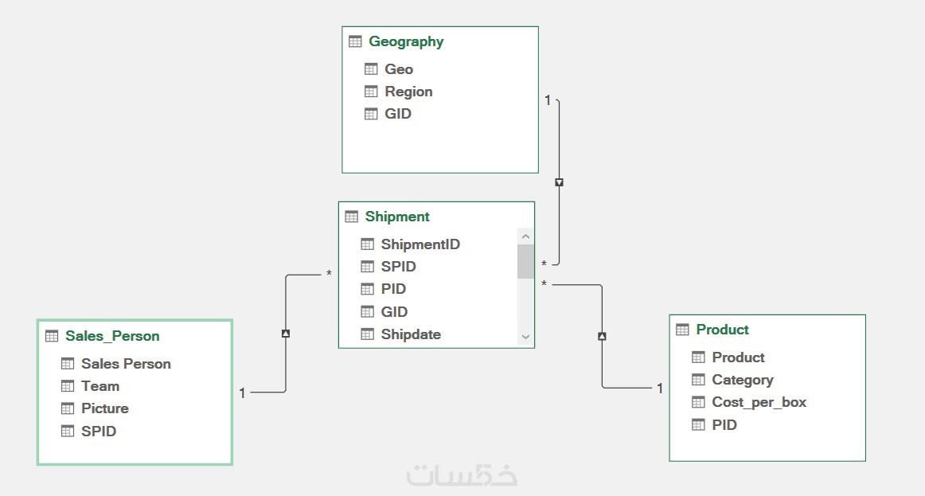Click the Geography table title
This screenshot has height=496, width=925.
(x=406, y=41)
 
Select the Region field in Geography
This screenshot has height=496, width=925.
(x=408, y=92)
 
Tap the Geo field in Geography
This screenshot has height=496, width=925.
(x=399, y=69)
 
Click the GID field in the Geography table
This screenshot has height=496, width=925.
(x=398, y=114)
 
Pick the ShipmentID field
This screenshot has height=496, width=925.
(x=420, y=244)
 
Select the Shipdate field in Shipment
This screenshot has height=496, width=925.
(x=411, y=334)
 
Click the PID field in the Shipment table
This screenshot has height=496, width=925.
(x=393, y=289)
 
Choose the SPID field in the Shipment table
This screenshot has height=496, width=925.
(x=398, y=267)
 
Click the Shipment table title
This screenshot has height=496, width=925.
(x=397, y=217)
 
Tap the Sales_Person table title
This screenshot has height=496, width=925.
(x=112, y=336)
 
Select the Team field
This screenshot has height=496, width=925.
(x=100, y=386)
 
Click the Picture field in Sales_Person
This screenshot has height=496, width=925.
(x=105, y=408)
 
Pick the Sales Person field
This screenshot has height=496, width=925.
(x=126, y=364)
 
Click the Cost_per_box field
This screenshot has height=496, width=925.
(x=759, y=402)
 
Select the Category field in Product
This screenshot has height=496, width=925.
(x=742, y=380)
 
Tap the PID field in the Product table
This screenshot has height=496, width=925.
(x=724, y=425)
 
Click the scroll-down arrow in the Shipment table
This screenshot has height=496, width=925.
(x=525, y=337)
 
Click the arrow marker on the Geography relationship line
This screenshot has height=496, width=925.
(x=559, y=182)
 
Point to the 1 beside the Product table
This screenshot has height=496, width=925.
(x=660, y=389)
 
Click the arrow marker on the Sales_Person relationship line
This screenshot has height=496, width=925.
(x=286, y=334)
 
